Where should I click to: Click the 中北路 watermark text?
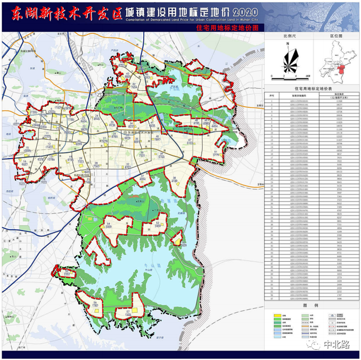pyautogui.click(x=337, y=344)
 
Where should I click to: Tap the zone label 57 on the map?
pyautogui.click(x=129, y=311)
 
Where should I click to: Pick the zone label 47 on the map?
pyautogui.click(x=190, y=140)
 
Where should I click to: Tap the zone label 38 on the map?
pyautogui.click(x=175, y=179)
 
